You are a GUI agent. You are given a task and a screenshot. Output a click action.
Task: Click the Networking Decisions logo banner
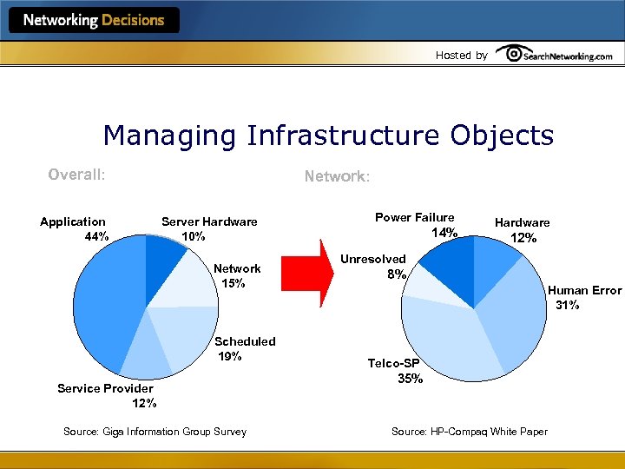94,20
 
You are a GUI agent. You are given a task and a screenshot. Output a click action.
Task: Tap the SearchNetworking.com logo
556,55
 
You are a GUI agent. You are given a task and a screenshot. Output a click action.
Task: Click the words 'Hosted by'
461,56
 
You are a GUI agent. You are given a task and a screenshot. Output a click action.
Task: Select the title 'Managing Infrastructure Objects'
327,135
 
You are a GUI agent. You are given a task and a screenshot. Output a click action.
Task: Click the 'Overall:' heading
76,175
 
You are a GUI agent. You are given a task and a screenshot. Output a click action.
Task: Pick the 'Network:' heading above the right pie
337,176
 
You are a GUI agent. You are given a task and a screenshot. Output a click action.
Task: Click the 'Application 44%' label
73,228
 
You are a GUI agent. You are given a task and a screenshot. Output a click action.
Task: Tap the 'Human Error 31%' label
583,297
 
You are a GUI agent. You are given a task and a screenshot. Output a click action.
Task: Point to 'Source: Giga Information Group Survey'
155,432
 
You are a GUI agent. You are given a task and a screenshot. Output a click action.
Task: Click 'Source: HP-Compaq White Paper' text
470,432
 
